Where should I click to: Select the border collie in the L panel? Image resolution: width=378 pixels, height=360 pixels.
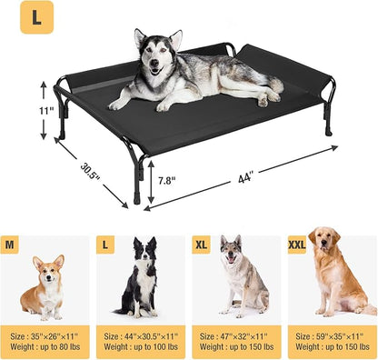click(140, 277)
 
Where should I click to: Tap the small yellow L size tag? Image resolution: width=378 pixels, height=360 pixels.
click(107, 245)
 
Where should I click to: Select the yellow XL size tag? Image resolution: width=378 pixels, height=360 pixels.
click(203, 245)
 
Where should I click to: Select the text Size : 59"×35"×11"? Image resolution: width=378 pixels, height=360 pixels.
click(333, 335)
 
